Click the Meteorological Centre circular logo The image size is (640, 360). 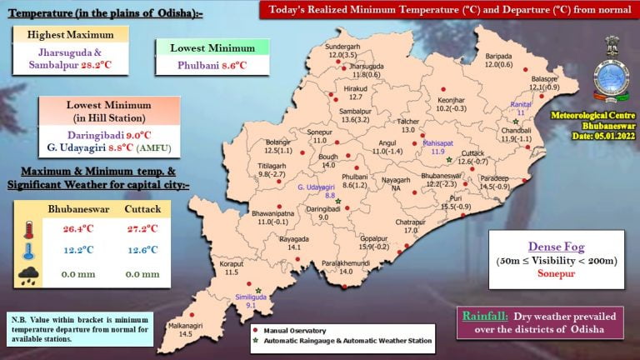pos(613,80)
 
